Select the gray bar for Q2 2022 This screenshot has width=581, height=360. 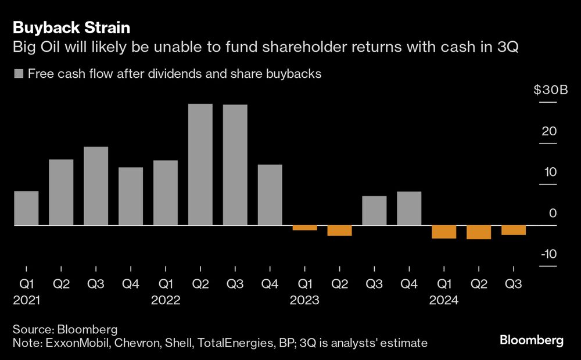[x=200, y=164]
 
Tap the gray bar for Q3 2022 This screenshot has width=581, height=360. [x=235, y=165]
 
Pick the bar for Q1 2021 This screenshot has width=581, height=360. [x=26, y=208]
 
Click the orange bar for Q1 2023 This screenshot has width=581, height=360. [x=305, y=228]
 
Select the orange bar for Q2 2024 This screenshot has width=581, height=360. [x=479, y=232]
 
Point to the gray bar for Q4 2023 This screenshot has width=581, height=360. [x=409, y=208]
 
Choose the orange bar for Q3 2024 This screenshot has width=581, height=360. [x=514, y=230]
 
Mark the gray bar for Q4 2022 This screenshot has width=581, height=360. [x=270, y=195]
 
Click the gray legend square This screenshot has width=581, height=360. [x=18, y=74]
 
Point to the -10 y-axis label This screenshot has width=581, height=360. [x=548, y=254]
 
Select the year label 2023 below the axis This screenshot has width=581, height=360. [x=305, y=301]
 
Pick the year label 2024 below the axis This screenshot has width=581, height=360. [x=444, y=301]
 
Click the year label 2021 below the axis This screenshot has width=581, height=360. [x=26, y=301]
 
